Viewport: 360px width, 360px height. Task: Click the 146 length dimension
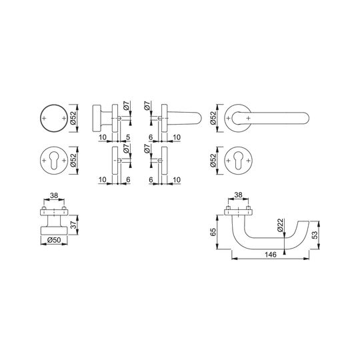click(x=271, y=255)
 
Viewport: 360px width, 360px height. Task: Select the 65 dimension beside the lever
click(x=213, y=232)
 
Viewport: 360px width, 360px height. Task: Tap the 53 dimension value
click(x=315, y=235)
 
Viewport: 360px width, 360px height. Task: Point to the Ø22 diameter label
click(x=280, y=225)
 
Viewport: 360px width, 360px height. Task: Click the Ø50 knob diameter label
click(x=54, y=240)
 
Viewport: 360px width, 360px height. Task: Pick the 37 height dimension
click(x=73, y=225)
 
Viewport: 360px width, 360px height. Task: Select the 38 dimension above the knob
click(x=54, y=195)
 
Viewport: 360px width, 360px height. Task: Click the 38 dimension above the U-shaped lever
click(x=238, y=195)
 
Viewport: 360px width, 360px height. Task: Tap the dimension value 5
click(x=128, y=137)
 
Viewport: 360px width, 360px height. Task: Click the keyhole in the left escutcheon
click(x=54, y=161)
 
